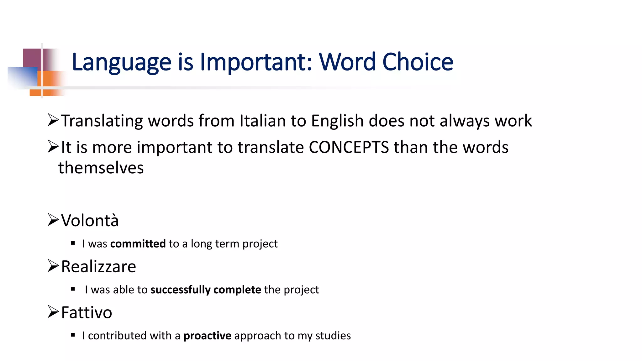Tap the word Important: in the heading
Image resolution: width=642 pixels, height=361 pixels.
(256, 62)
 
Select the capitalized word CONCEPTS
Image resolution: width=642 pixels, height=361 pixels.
(349, 147)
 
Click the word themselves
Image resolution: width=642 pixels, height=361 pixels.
(101, 168)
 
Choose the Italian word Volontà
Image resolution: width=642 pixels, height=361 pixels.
(90, 220)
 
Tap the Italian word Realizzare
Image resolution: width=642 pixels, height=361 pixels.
(98, 267)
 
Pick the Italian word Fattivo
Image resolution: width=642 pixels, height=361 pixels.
(87, 312)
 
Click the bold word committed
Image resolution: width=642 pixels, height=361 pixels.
(138, 243)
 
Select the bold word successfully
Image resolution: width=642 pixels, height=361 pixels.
(181, 290)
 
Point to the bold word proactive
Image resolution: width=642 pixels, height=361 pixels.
(207, 336)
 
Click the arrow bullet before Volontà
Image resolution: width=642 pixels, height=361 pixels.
(53, 220)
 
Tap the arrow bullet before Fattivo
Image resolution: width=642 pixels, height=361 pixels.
(53, 312)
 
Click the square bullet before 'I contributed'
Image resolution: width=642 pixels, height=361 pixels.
(73, 335)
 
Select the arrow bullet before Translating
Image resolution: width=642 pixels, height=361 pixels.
(53, 120)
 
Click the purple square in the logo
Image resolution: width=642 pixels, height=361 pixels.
(32, 58)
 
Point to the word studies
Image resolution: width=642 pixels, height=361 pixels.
(333, 336)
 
